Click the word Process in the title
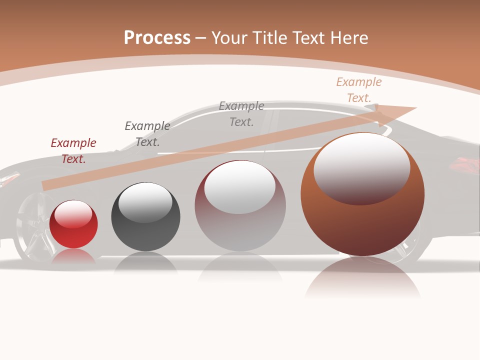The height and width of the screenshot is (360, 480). click(157, 38)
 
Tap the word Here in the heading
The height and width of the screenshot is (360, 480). click(348, 38)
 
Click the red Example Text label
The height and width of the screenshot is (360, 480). click(73, 151)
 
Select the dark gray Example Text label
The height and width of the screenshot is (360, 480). click(147, 134)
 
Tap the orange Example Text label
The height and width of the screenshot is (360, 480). click(359, 90)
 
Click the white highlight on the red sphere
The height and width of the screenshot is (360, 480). click(73, 214)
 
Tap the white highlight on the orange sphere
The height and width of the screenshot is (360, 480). click(361, 167)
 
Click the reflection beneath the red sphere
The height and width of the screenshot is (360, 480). click(73, 256)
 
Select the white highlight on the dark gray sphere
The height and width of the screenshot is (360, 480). click(145, 201)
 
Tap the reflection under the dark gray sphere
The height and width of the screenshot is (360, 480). click(145, 262)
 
